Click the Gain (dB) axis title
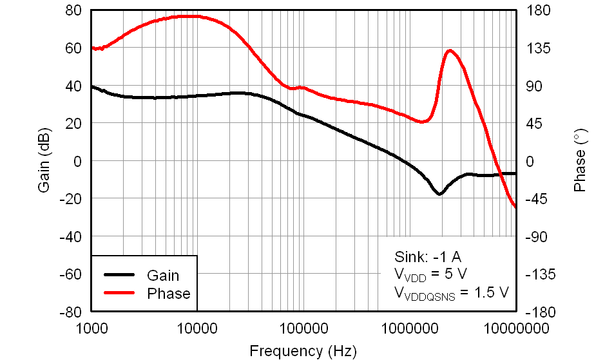click(44, 161)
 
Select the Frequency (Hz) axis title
click(302, 351)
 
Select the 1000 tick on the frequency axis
click(91, 329)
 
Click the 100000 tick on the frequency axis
click(303, 329)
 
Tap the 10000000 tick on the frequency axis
click(515, 329)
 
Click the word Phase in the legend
click(169, 294)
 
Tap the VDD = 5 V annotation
click(430, 274)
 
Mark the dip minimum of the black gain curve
click(439, 193)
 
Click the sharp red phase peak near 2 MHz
click(450, 50)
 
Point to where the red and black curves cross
click(499, 175)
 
